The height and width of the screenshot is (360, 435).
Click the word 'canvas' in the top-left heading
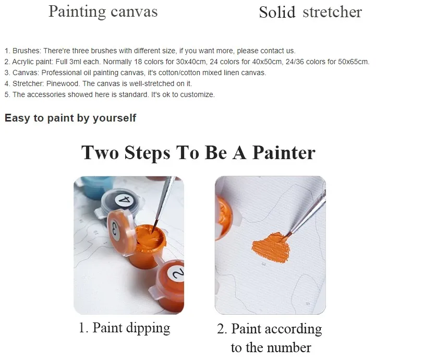[x=134, y=11]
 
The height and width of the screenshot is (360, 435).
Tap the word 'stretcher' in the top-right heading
[x=332, y=12]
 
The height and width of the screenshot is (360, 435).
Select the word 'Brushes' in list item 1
[x=27, y=51]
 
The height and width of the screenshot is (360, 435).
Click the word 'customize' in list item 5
[x=197, y=94]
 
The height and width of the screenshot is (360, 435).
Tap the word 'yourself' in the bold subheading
[x=114, y=118]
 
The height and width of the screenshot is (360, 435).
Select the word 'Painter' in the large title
[x=284, y=152]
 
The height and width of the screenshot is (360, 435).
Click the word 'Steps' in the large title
[x=147, y=153]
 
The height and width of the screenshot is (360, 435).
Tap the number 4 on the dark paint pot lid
[x=124, y=200]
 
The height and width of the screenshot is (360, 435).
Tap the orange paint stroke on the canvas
[x=271, y=248]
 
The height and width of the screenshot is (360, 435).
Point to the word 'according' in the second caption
[x=293, y=329]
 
